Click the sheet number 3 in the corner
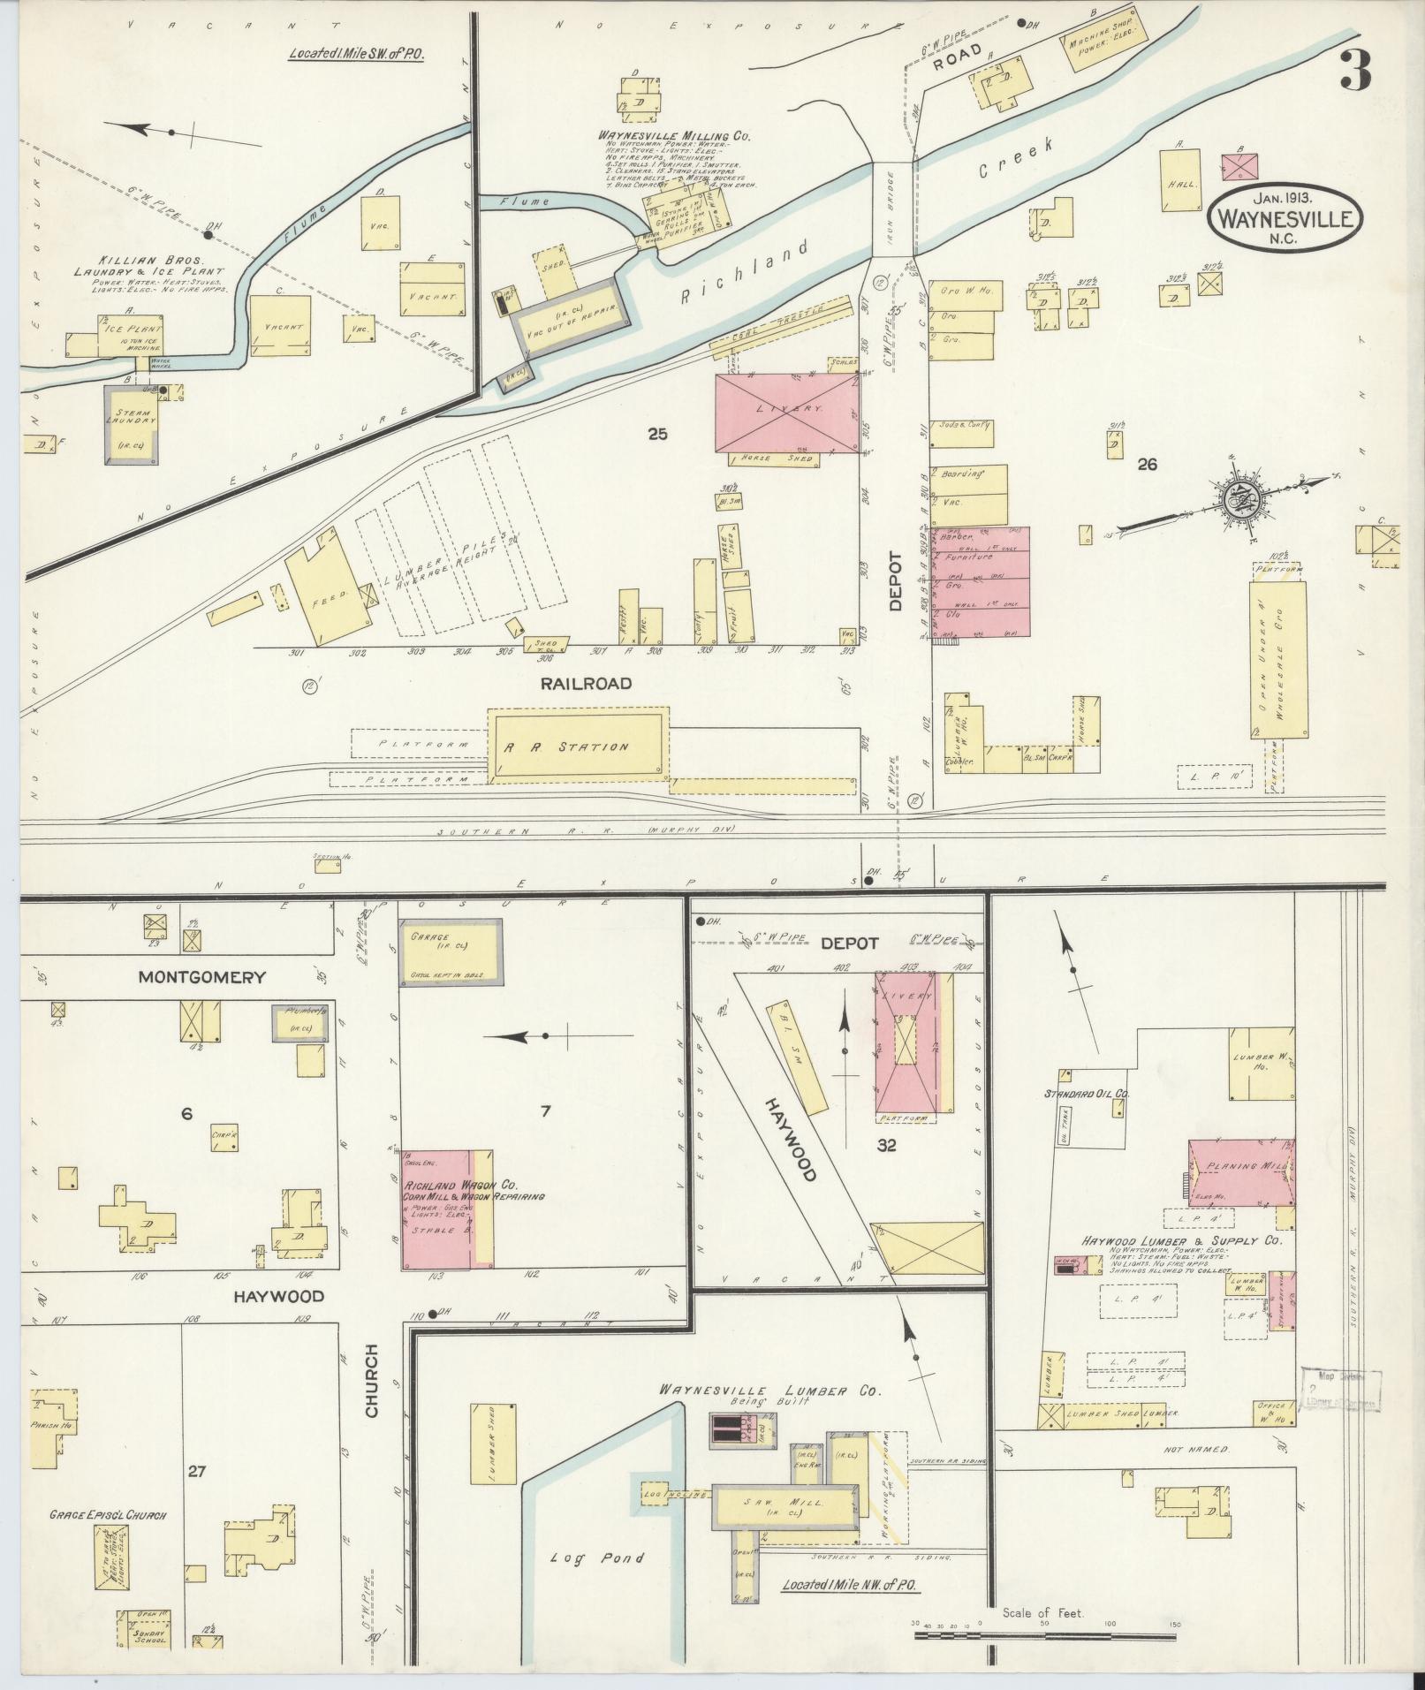click(x=1354, y=72)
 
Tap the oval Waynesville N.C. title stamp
click(x=1286, y=212)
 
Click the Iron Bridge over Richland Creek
click(x=893, y=209)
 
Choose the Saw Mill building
click(x=785, y=1506)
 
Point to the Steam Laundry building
click(x=133, y=423)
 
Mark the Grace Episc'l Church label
click(x=109, y=1514)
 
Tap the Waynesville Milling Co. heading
click(x=674, y=137)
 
